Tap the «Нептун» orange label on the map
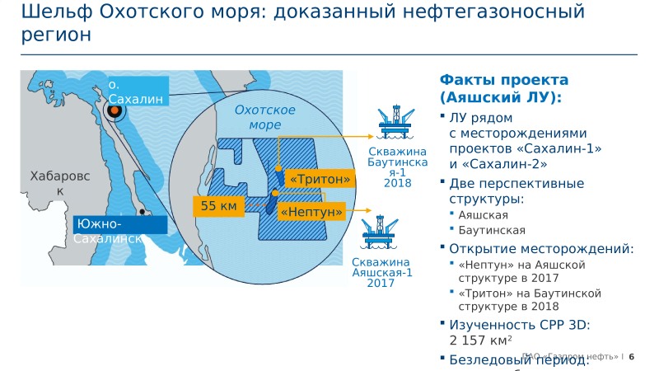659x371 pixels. click(311, 212)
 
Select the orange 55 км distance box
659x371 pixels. click(218, 206)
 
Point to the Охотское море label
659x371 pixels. click(264, 118)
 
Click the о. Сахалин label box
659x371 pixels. click(136, 92)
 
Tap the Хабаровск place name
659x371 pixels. click(58, 183)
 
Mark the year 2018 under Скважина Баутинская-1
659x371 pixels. click(397, 182)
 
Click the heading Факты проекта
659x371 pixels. click(504, 80)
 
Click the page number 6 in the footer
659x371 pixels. click(632, 357)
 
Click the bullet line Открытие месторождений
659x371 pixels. click(541, 248)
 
